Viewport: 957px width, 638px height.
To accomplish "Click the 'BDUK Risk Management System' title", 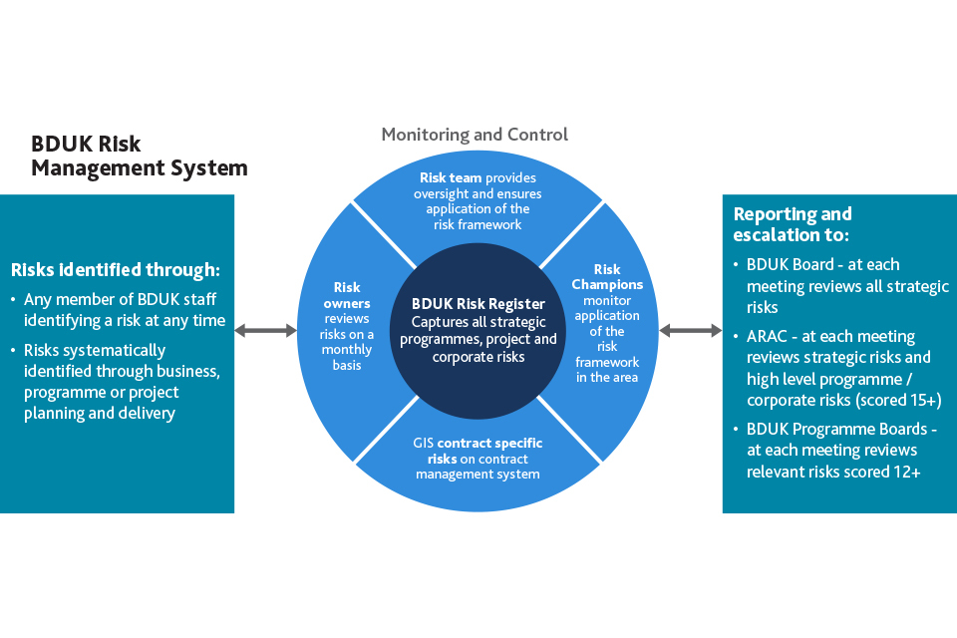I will tap(140, 156).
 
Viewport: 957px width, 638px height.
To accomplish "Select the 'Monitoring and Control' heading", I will tap(475, 134).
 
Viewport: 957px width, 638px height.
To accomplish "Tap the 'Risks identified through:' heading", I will tap(115, 269).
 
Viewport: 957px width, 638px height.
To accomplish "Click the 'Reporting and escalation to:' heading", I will tap(793, 224).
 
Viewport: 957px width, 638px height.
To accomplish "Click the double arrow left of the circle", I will tap(265, 330).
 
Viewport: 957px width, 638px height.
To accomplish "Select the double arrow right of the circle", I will tap(691, 330).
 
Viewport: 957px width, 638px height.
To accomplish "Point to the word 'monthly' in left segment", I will tap(347, 350).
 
